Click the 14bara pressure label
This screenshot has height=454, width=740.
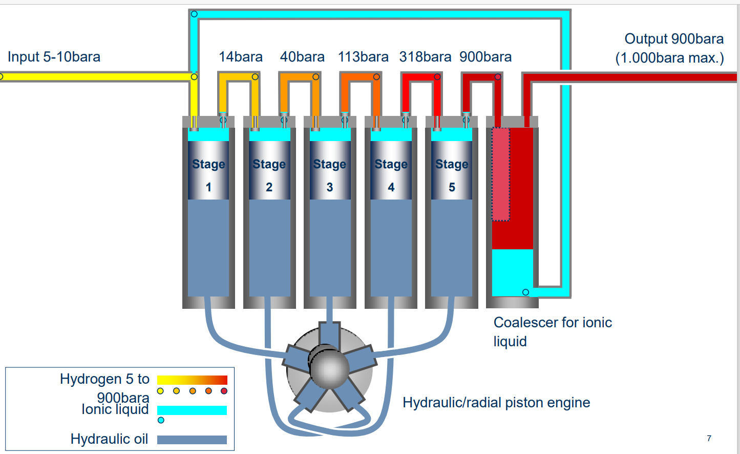coord(241,57)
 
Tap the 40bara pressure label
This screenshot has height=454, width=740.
coord(302,57)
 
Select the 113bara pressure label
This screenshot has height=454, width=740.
coord(363,57)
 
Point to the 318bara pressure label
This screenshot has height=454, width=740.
coord(425,57)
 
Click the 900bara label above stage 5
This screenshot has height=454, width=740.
coord(485,57)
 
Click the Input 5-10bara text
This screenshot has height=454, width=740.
coord(54,57)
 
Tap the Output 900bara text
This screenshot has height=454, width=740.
coord(674,39)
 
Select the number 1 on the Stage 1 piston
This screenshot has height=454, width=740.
coord(208,187)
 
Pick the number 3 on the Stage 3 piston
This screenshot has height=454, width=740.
coord(330,187)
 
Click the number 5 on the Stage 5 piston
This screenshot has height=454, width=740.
coord(452,187)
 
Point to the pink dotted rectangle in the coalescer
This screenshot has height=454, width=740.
coord(501,174)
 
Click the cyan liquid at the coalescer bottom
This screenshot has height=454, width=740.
coord(513,273)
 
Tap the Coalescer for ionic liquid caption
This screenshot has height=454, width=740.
coord(553,332)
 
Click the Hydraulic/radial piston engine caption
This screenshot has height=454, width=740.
coord(496,403)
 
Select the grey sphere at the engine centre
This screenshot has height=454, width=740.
coord(330,367)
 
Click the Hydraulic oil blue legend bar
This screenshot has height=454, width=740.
coord(192,440)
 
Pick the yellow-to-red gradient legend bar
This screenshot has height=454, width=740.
coord(192,380)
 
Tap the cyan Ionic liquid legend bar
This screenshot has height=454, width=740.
coord(192,410)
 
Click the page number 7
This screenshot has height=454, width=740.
coord(709,439)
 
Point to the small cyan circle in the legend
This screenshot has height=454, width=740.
coord(161,420)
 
